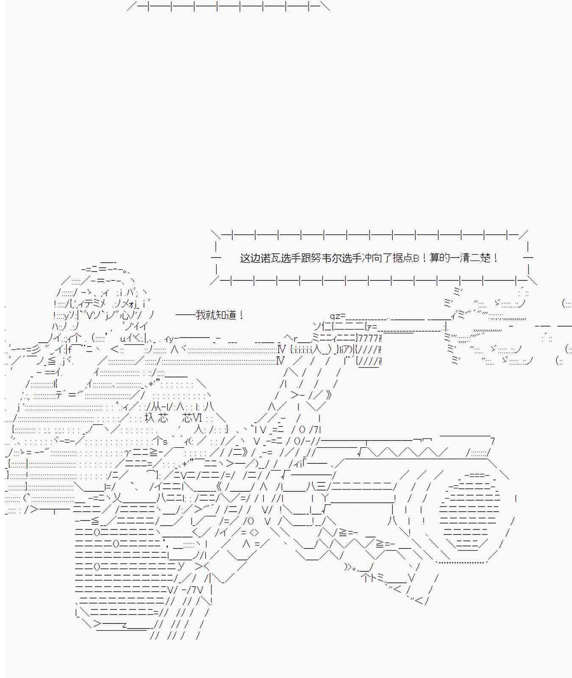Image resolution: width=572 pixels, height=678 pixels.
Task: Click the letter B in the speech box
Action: click(416, 258)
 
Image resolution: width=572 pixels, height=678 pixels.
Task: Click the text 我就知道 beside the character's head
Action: click(216, 315)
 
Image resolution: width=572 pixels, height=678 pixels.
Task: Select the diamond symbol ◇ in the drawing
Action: click(254, 532)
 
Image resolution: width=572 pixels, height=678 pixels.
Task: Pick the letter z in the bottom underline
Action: click(124, 625)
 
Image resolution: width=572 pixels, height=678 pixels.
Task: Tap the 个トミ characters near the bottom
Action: click(372, 578)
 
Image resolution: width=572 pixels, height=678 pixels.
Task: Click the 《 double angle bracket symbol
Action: click(218, 486)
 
